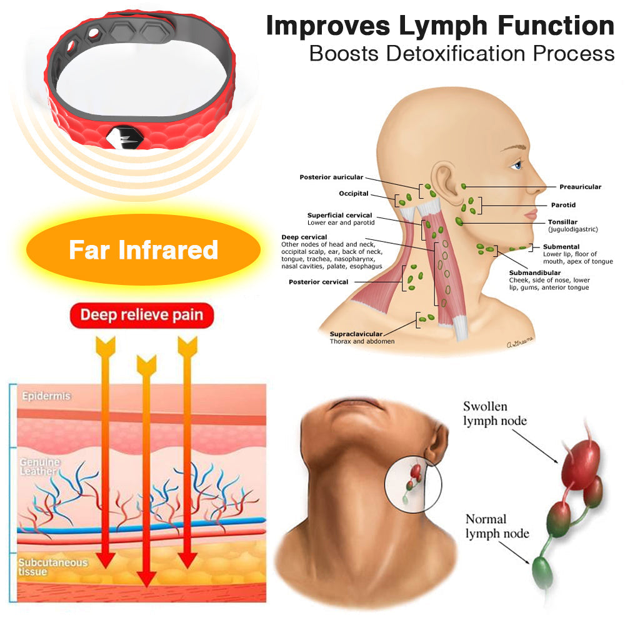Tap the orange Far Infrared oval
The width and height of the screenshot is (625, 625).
pos(143,250)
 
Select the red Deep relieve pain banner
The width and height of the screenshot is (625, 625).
pos(142,315)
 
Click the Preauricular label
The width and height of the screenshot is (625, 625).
pos(580,187)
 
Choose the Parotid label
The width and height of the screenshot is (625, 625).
pos(562,205)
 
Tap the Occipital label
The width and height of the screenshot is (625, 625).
pos(354,194)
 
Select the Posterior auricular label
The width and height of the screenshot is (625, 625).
pos(331,177)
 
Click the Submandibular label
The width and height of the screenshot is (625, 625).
pos(534,272)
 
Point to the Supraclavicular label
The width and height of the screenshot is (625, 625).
pos(356,334)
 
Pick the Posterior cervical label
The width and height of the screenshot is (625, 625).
pos(318,282)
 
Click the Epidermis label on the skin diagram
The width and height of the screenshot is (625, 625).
pos(46,396)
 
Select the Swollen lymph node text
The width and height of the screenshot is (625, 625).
pos(494,413)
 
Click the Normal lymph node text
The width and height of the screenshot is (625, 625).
pos(497,526)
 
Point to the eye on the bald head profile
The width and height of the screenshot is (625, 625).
pos(516,165)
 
